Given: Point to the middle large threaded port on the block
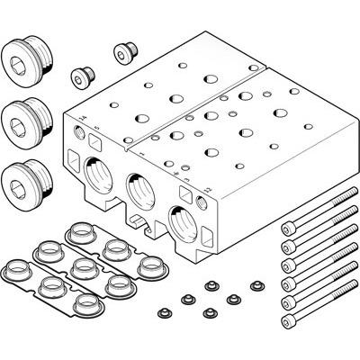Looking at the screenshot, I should pos(139,191).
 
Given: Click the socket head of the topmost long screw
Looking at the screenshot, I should pos(289,228).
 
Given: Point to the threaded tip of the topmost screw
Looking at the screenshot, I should pos(344,206).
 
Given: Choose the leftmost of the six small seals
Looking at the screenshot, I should pos(164,312).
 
